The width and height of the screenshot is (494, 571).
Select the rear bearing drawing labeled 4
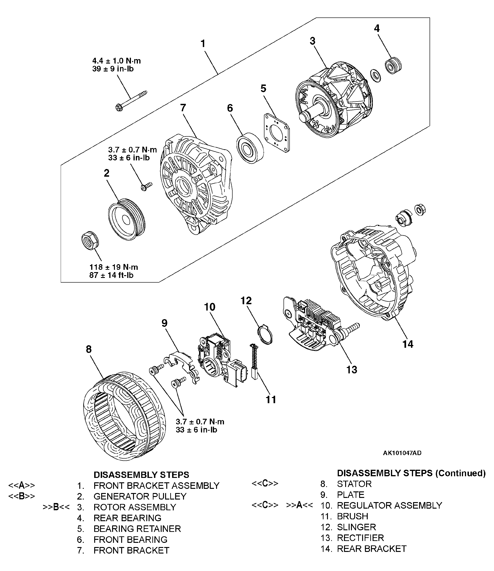click(393, 65)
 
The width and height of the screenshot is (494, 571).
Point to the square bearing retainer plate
click(277, 133)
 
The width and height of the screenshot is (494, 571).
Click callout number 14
click(408, 344)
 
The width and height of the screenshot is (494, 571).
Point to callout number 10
click(210, 307)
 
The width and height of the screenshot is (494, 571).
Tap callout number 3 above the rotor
click(312, 41)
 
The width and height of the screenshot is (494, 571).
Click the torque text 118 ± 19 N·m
click(113, 267)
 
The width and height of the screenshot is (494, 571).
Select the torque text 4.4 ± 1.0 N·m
click(116, 61)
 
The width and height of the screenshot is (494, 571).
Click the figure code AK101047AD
click(402, 453)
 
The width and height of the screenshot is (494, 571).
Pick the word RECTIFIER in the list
click(360, 538)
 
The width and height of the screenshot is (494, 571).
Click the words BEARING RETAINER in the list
click(137, 529)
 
